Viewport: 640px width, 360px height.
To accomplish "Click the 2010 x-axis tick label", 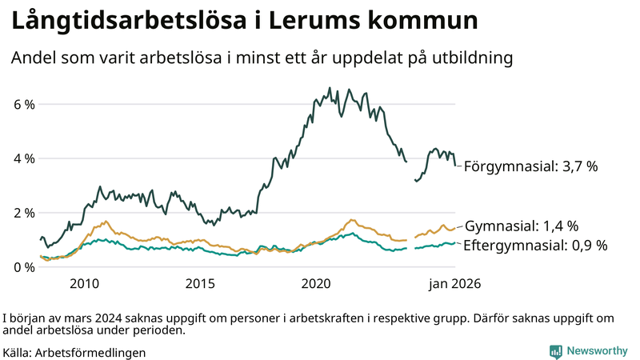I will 84,283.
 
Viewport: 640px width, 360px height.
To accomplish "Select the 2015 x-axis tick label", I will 201,283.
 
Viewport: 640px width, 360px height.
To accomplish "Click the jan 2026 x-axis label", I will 454,283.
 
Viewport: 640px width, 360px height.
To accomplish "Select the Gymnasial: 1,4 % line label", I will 521,226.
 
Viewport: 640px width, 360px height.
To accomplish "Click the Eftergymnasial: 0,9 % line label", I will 535,245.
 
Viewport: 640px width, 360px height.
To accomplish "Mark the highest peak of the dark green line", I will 330,88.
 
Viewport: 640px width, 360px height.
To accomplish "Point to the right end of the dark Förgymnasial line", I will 455,165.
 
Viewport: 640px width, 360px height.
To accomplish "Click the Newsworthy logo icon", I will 555,351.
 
